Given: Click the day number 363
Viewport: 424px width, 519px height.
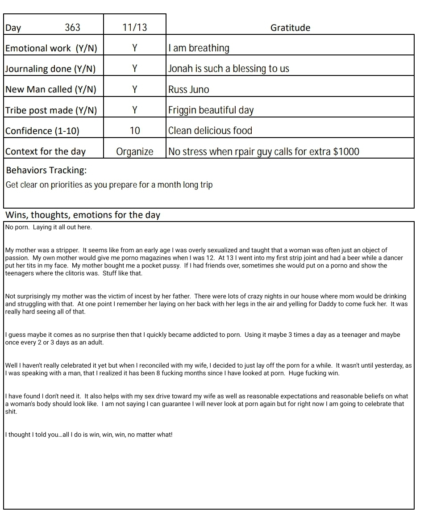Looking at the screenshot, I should (72, 28).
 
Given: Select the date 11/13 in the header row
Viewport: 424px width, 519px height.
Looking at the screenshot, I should (135, 28).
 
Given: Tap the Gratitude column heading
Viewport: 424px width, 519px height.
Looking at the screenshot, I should (290, 28).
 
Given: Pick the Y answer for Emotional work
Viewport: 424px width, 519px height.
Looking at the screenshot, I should (135, 48).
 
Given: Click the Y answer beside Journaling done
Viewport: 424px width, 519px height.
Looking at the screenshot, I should (135, 69).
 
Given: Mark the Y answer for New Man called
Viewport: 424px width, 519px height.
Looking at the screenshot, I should (135, 89).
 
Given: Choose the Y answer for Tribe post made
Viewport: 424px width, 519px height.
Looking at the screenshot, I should (135, 110).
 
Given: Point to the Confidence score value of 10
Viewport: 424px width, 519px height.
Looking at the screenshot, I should (135, 131).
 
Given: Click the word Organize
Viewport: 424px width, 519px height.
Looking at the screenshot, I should (135, 151).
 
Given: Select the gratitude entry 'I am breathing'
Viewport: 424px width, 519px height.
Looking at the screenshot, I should (199, 48).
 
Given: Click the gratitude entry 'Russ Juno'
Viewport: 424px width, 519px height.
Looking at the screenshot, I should (188, 89).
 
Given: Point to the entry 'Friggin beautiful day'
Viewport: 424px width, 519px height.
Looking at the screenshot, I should (211, 110).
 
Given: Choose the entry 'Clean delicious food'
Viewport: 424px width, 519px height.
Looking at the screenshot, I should (210, 131).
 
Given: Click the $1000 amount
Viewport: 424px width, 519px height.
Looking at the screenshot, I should (346, 151).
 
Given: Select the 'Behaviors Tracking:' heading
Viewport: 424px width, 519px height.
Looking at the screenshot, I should (46, 170).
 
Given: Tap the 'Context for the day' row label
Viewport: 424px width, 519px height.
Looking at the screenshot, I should (46, 151).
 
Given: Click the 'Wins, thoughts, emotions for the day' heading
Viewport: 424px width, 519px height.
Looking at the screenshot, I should (83, 215).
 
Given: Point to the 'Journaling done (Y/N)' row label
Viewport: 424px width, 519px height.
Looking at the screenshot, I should (50, 69).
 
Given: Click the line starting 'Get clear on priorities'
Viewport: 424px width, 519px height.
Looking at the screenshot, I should (109, 185).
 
